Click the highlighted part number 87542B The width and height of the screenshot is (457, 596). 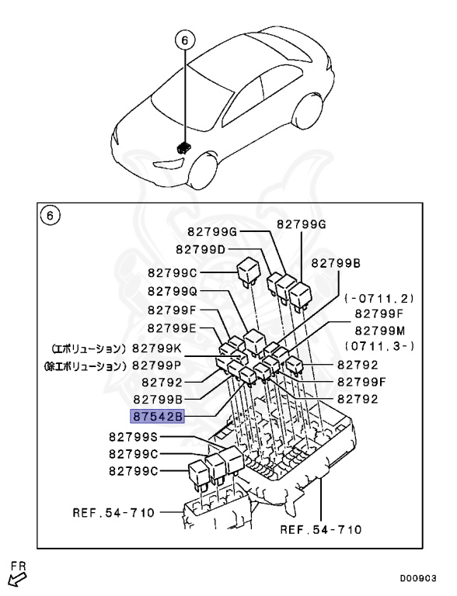click(x=157, y=417)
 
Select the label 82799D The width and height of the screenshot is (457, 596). click(x=201, y=249)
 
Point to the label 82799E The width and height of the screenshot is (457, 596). click(x=173, y=327)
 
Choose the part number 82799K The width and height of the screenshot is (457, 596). click(x=157, y=348)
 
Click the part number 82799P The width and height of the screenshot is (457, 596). click(x=157, y=365)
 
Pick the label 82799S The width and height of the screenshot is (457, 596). click(x=134, y=437)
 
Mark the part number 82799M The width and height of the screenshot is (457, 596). click(x=383, y=330)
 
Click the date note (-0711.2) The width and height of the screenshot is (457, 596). click(x=379, y=298)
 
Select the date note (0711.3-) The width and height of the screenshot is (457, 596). click(x=383, y=345)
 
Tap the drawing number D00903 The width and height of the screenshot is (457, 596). click(x=420, y=577)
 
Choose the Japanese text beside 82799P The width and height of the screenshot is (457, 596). click(x=85, y=365)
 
